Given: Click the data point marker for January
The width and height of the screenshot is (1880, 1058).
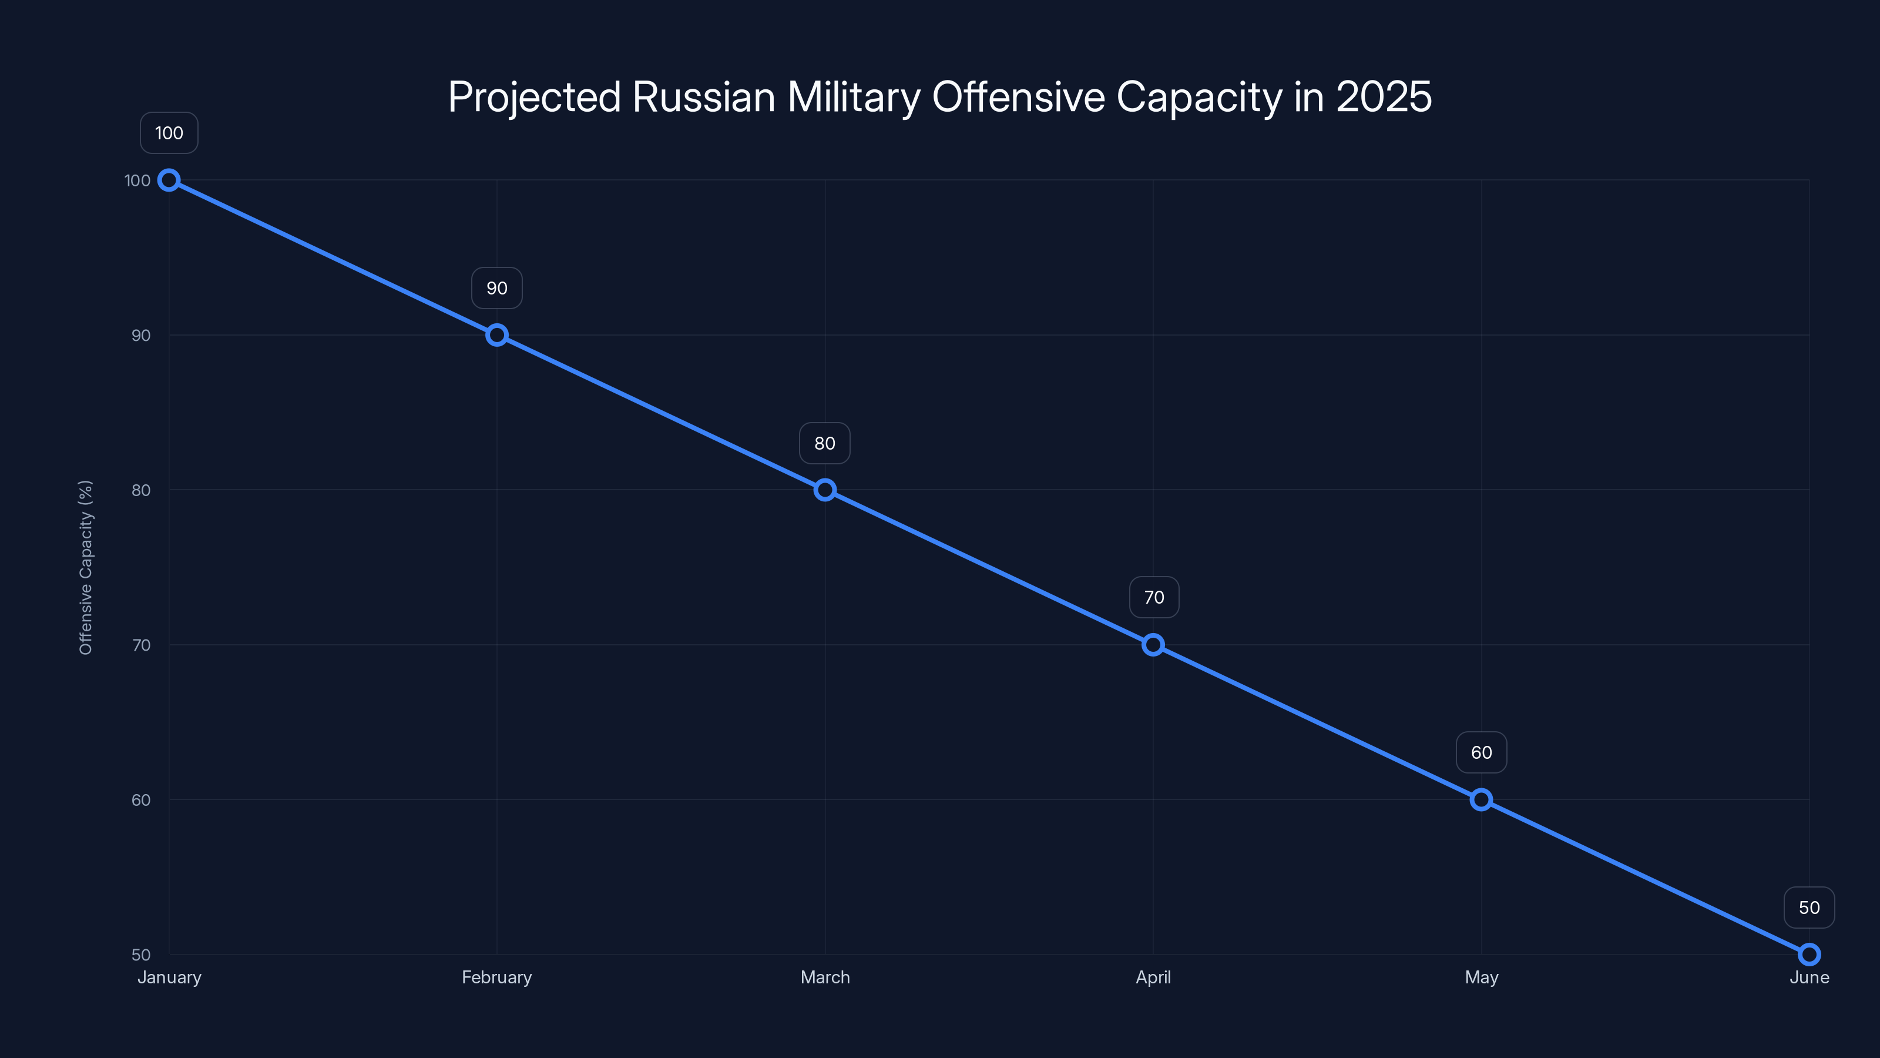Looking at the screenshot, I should pos(169,180).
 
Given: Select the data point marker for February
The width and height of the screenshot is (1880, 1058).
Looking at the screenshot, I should pos(497,335).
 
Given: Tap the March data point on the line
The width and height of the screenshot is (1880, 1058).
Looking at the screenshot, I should pos(825,490).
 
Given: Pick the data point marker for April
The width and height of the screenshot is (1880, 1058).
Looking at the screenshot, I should pos(1153,645).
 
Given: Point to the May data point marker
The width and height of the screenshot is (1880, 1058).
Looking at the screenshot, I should pos(1480,799).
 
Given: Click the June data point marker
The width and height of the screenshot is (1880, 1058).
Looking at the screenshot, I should pos(1809,955).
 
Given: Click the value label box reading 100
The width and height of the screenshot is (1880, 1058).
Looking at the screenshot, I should pos(169,133).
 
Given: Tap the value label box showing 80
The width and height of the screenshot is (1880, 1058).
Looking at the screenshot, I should pos(825,443).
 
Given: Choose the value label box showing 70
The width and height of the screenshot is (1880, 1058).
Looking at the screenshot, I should pos(1154,597).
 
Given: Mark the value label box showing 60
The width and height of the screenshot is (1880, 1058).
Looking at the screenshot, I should pos(1482,753).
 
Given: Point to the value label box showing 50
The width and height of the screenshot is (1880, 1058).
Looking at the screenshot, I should pos(1809,908).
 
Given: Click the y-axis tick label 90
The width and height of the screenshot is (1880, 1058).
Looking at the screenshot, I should pos(141,335).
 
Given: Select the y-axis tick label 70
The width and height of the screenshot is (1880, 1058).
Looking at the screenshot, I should pos(141,645).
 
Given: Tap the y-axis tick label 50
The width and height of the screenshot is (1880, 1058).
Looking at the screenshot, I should pos(141,955).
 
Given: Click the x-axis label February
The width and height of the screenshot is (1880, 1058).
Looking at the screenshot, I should pos(497,977).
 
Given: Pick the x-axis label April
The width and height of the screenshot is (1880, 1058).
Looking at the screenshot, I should pos(1153,977).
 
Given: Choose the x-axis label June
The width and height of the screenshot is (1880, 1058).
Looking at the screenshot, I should pos(1809,977).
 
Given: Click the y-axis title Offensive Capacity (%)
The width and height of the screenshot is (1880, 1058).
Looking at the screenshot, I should pos(85,567).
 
